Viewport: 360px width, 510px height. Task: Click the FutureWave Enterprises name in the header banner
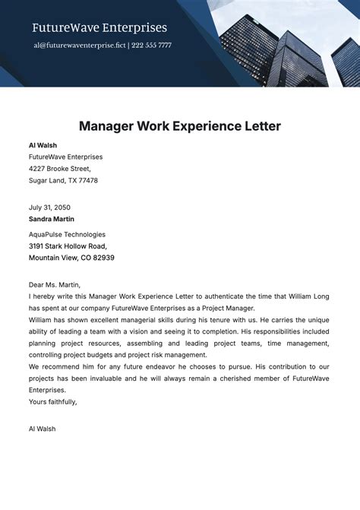99,28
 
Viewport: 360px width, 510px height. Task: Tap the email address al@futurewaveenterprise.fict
78,46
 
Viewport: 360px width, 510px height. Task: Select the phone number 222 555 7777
151,46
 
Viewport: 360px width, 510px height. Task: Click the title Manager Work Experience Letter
180,125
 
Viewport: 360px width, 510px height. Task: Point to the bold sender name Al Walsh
43,145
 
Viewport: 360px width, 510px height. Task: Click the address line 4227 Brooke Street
60,169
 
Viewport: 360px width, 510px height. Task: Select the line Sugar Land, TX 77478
63,181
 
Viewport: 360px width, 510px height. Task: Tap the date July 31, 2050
50,207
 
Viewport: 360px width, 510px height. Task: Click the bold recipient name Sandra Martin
52,219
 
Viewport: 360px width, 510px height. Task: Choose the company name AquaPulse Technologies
67,234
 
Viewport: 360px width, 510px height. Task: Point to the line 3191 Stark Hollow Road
68,246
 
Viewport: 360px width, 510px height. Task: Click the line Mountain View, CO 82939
71,258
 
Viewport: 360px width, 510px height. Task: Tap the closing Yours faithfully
53,401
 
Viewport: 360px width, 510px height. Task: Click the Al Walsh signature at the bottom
42,429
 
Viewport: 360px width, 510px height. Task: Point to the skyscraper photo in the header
289,42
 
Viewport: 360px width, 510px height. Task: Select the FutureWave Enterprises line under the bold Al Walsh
65,157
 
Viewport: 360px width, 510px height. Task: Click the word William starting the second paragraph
43,320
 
